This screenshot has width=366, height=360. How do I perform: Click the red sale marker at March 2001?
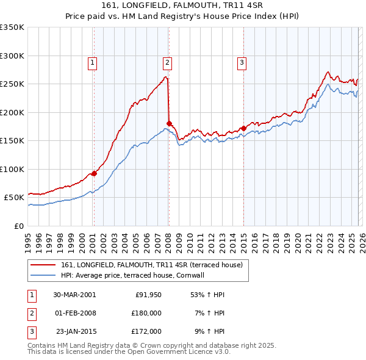[95, 173]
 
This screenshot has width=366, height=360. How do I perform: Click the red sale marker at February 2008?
[169, 123]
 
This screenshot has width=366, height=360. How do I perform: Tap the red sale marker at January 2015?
[243, 128]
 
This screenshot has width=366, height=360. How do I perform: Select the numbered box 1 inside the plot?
[92, 62]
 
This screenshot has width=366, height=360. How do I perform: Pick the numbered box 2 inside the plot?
[167, 62]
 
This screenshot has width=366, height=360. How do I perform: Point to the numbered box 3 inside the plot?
[242, 62]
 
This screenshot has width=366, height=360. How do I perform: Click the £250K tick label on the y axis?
[12, 84]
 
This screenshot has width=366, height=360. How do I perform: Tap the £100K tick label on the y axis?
[12, 169]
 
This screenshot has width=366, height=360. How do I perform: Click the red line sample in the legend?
[44, 265]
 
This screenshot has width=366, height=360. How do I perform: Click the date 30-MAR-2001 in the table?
[74, 295]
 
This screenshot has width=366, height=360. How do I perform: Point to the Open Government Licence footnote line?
[129, 352]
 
